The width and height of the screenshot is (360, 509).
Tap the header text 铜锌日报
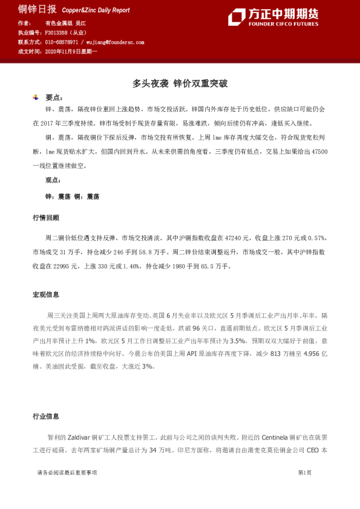tap(37, 9)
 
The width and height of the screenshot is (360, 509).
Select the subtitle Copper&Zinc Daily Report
tap(96, 10)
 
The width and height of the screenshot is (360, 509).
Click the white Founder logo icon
tap(237, 17)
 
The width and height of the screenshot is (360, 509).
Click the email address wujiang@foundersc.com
tap(115, 43)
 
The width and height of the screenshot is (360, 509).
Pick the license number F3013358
tap(58, 32)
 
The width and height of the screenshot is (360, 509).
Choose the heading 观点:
tap(54, 180)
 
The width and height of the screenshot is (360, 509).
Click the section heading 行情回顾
tap(46, 217)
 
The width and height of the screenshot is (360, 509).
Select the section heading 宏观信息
tap(46, 294)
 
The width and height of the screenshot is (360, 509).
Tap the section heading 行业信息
tap(46, 416)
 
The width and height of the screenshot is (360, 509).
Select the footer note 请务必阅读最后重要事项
tap(67, 472)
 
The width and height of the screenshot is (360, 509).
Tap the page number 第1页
tap(304, 472)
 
